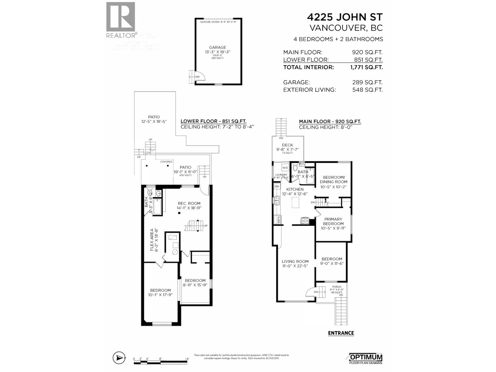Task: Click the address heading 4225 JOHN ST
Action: coord(345,17)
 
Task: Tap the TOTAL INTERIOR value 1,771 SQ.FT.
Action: coord(366,67)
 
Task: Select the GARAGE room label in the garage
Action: coord(218,47)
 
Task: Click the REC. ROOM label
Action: coord(189,203)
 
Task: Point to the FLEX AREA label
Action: coord(152,240)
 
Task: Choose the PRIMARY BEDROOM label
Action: coord(333,221)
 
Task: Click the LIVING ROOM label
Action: coord(295,261)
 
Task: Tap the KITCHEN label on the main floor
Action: coord(295,189)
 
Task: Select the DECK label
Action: coord(287,145)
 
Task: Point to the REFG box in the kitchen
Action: coord(278,219)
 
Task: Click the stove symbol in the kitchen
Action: coord(305,221)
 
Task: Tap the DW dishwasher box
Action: coord(277,186)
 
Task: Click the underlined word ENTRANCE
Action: coord(341,333)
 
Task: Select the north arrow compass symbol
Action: coord(119,358)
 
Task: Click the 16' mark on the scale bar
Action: coord(187,359)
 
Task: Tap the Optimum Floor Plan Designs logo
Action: coord(366,358)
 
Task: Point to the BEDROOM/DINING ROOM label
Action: coord(334,179)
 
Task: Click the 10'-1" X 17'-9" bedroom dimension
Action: coord(161,295)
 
